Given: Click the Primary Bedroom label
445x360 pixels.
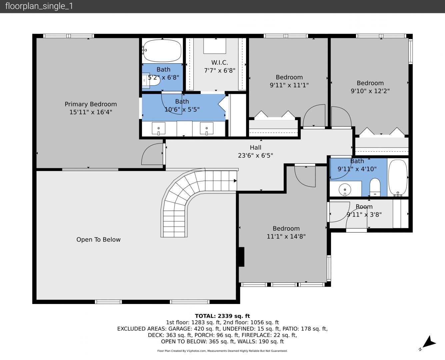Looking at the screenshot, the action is point(91,104).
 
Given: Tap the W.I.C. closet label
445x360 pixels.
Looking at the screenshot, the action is point(220,62).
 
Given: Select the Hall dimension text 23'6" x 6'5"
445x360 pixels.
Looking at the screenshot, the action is point(256,155).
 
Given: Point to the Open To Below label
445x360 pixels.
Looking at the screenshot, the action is point(98,239).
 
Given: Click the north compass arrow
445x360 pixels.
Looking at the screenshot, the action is point(429,343).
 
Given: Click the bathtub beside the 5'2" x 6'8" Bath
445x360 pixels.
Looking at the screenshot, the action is point(163,51).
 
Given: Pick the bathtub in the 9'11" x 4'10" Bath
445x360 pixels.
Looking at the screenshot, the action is point(398,178).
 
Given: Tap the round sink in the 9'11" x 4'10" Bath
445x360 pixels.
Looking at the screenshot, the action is point(345,190).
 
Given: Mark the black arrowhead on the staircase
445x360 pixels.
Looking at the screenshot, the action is point(235,181).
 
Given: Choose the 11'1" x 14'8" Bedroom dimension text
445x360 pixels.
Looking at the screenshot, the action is point(286,236).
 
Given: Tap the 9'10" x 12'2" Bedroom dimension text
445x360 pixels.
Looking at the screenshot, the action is point(370,91).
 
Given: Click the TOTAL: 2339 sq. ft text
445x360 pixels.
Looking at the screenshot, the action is point(223,316).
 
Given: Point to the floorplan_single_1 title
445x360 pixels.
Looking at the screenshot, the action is point(39,6).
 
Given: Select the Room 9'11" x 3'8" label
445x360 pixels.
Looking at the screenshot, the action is point(364,210).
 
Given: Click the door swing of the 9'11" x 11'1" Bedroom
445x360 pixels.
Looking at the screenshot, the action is point(314,116).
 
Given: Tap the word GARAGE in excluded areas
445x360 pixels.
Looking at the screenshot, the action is point(179,329).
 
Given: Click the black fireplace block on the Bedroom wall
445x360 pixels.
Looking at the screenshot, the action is point(241,257).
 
